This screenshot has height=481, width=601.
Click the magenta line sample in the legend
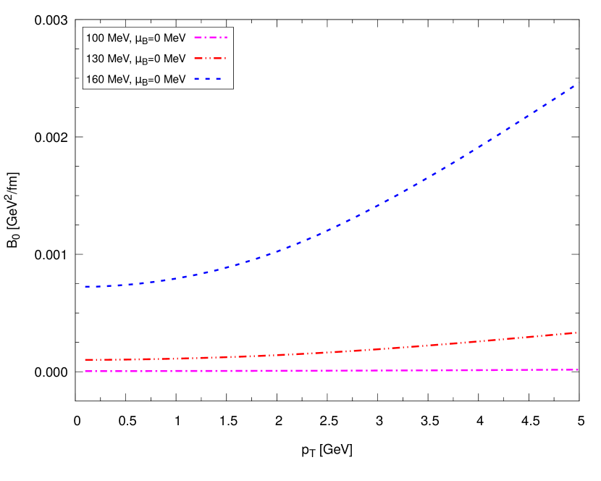210,37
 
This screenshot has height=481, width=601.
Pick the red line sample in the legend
210,58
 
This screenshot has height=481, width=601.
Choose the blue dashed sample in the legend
208,78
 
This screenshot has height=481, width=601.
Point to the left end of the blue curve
85,287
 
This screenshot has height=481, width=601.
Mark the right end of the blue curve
575,85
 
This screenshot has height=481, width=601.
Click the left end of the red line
85,359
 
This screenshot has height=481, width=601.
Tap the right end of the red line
576,332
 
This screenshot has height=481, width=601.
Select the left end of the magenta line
85,372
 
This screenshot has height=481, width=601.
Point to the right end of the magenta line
578,369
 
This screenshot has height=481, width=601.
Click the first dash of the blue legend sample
196,78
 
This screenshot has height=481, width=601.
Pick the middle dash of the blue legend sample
208,78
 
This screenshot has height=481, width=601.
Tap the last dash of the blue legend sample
218,78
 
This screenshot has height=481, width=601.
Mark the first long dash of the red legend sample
199,58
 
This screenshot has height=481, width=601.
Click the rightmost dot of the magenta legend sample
226,37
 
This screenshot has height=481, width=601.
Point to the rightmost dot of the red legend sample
224,58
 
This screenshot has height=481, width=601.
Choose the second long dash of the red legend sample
217,58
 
